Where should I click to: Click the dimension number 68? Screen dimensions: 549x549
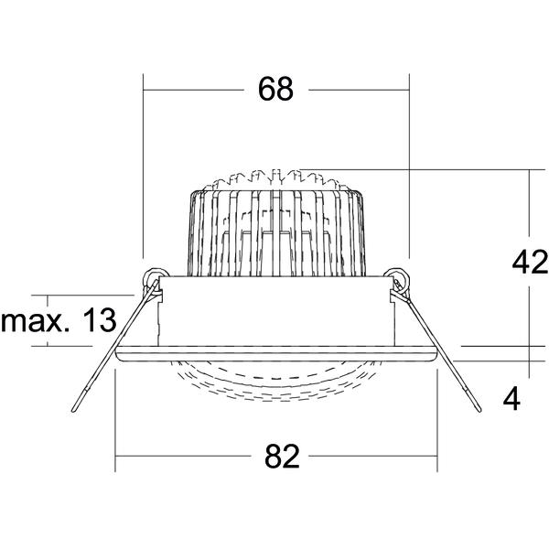click(x=275, y=90)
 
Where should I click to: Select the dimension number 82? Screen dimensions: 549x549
click(x=282, y=457)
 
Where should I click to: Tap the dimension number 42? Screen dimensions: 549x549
click(x=530, y=262)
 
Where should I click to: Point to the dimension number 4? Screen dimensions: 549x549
click(x=511, y=399)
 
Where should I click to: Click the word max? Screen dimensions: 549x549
click(x=33, y=321)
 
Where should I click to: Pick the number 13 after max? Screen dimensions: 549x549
click(x=100, y=320)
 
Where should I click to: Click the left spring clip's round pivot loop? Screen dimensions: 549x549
click(x=153, y=276)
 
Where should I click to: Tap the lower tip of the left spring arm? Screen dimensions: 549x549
click(x=73, y=410)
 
